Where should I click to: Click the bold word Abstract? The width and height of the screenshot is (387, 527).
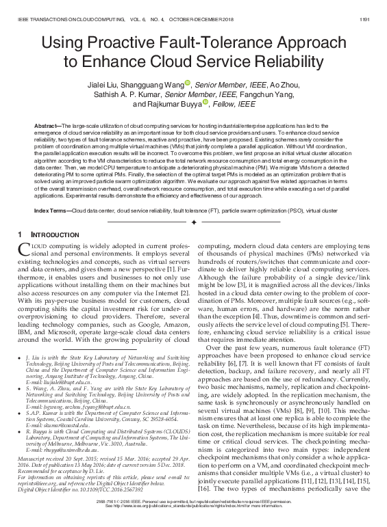tap(46, 128)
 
